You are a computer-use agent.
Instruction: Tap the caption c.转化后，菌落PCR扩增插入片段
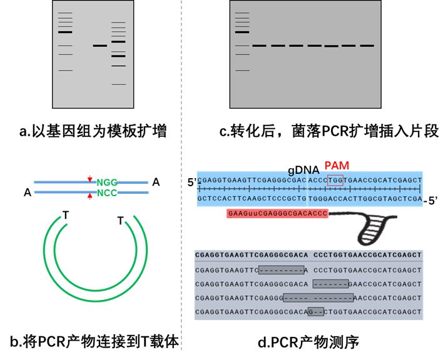[x=329, y=132]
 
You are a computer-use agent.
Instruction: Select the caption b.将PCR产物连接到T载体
[x=94, y=342]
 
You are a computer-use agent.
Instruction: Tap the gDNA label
[x=303, y=169]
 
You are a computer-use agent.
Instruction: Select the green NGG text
[x=107, y=182]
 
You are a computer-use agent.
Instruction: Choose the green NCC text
[x=107, y=192]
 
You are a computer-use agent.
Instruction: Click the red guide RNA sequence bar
[x=277, y=213]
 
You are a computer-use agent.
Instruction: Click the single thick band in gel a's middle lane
[x=100, y=45]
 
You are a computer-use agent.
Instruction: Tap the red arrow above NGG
[x=90, y=178]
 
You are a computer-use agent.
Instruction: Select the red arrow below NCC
[x=90, y=197]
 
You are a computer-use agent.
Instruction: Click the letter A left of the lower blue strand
[x=27, y=192]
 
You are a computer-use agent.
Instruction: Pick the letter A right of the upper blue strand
[x=156, y=182]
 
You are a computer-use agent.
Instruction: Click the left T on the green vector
[x=65, y=216]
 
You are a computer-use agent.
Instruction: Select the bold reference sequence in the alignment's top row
[x=308, y=256]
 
